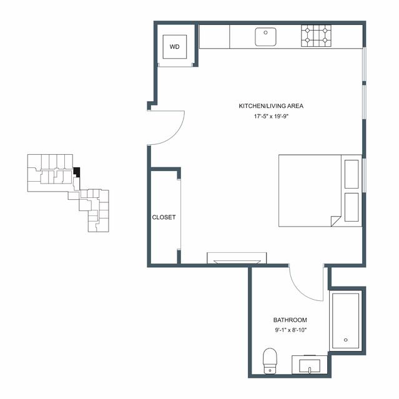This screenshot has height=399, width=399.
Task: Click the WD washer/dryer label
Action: [175, 47]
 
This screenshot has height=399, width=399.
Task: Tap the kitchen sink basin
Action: [265, 37]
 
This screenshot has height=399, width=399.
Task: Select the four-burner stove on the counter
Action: [316, 36]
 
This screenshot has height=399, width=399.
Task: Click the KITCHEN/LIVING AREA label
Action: [271, 106]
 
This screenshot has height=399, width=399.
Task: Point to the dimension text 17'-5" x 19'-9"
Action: [272, 117]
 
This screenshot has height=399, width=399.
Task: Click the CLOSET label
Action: [164, 217]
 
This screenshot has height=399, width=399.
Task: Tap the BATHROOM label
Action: [290, 320]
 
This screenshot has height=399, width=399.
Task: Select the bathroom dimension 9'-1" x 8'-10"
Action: [290, 330]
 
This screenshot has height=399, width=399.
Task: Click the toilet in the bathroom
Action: [270, 361]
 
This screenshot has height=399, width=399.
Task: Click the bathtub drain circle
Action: [345, 340]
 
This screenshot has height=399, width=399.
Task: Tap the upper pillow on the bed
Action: [352, 174]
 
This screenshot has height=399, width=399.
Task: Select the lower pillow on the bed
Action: [352, 207]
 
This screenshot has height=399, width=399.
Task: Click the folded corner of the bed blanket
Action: [335, 220]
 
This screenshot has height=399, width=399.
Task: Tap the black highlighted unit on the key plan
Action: [77, 172]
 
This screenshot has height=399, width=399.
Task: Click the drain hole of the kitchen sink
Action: [265, 32]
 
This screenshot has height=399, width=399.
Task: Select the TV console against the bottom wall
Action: [237, 258]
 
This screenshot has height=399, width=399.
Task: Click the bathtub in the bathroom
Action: [345, 321]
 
